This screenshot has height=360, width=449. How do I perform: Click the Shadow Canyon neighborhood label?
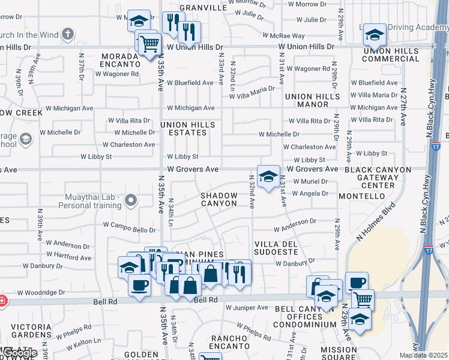click(218, 199)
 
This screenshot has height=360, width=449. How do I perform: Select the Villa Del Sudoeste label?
click(276, 248)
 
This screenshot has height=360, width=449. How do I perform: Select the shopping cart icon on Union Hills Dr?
click(149, 43)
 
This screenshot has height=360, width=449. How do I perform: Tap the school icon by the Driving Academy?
click(375, 35)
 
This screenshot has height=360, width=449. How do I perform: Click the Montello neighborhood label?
click(361, 196)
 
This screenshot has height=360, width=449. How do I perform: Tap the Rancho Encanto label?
click(226, 341)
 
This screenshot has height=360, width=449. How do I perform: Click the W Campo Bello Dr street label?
click(129, 229)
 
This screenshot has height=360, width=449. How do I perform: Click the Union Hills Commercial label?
click(391, 55)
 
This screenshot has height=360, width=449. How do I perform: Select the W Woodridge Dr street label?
click(41, 293)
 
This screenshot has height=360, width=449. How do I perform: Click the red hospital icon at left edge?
click(2, 300)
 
